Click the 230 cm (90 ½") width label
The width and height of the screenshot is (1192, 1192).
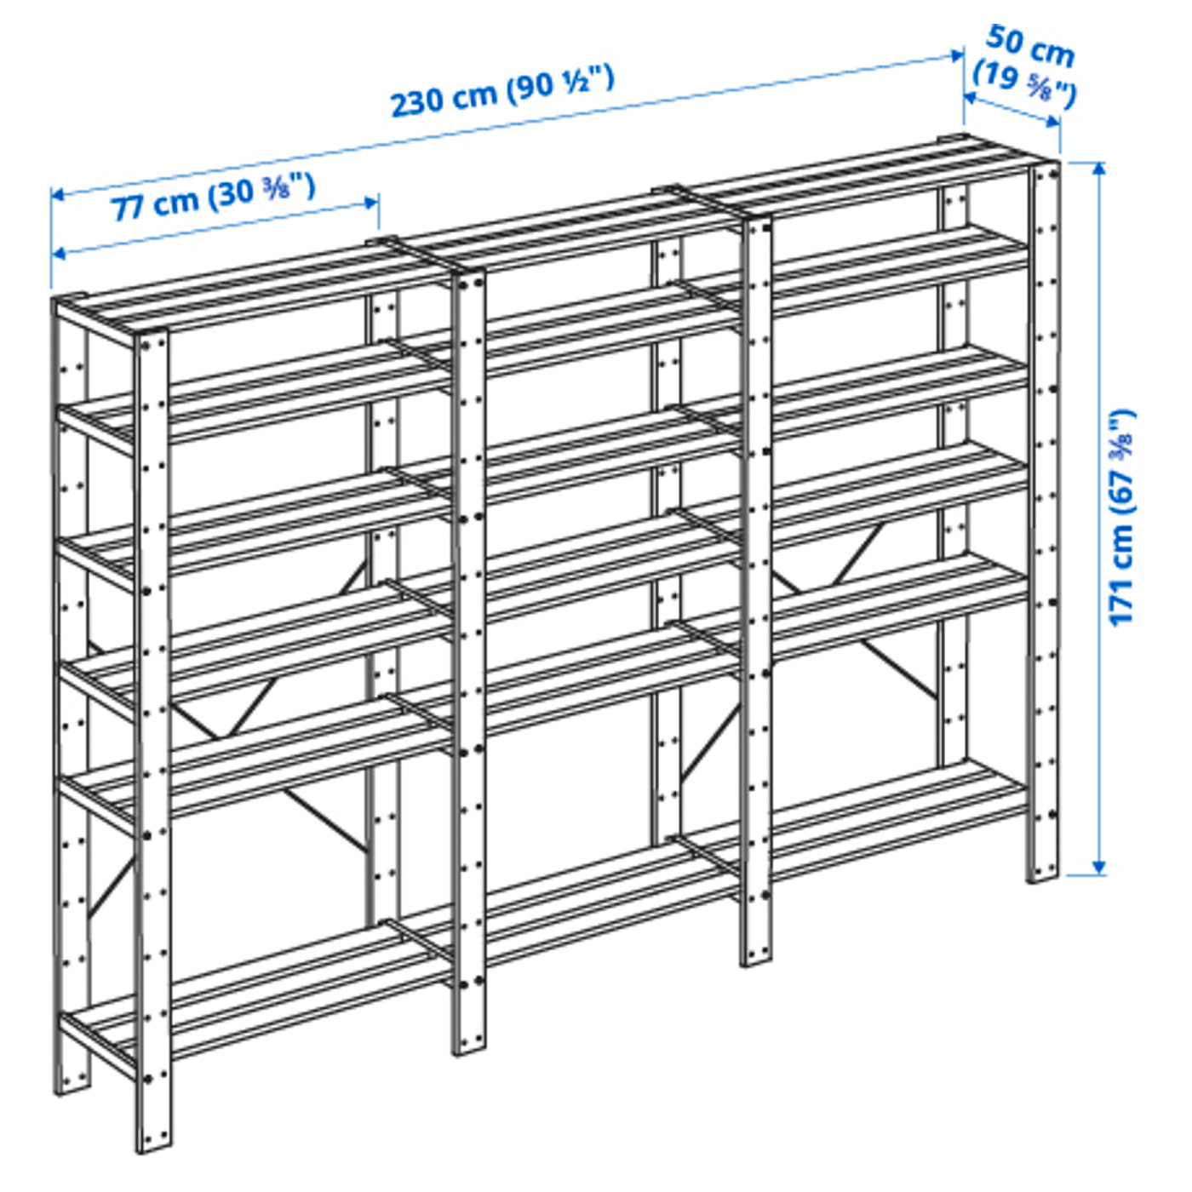502,93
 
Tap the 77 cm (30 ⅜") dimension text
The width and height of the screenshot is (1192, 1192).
214,196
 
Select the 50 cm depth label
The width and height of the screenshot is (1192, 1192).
1029,47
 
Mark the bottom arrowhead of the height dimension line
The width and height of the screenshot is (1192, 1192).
1098,868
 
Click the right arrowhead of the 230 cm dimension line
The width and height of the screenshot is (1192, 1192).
957,55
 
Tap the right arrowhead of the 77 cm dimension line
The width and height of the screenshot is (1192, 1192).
370,203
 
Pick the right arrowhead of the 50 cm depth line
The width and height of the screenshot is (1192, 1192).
1053,122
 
